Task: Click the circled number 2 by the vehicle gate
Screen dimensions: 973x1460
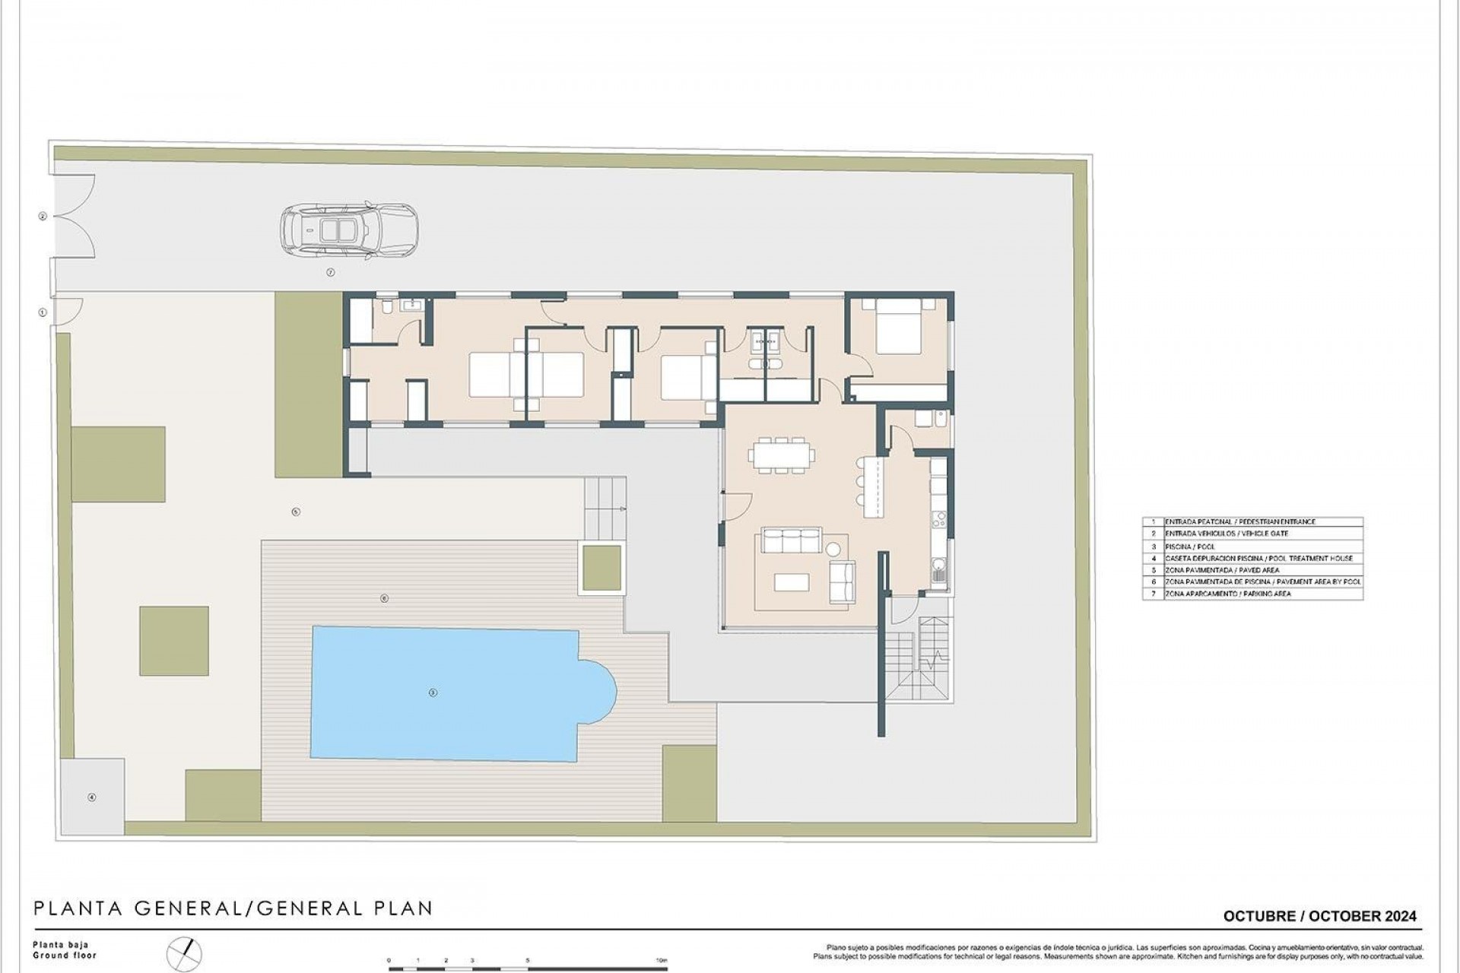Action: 43,217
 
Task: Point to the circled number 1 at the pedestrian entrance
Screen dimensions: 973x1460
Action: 43,312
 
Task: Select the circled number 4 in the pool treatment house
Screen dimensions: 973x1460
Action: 92,797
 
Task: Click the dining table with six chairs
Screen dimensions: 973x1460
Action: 781,455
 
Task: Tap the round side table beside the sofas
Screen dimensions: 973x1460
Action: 834,548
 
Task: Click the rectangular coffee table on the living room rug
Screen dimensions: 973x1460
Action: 792,582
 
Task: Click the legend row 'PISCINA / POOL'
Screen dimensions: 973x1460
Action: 1252,547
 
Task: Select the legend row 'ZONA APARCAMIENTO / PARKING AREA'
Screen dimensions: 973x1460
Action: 1252,594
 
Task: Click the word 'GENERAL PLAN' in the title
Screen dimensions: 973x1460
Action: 345,908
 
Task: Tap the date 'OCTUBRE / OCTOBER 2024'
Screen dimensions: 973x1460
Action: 1319,917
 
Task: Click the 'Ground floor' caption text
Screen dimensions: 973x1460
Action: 65,956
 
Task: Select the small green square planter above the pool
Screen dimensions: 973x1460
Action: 601,568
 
